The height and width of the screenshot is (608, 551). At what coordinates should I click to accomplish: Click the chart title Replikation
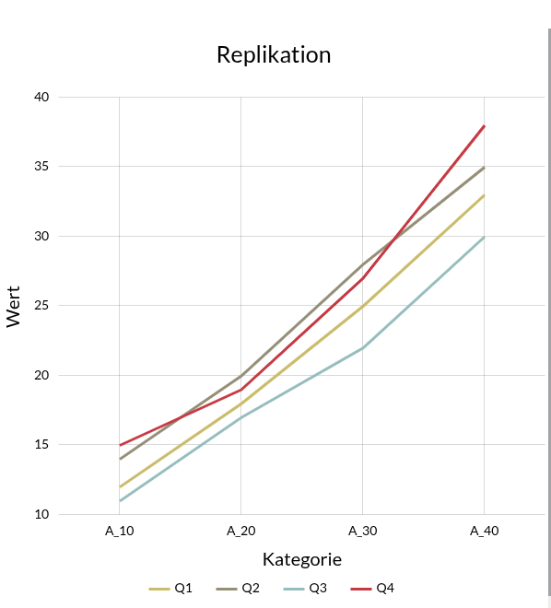point(274,54)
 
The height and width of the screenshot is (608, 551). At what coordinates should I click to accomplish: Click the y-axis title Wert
point(14,306)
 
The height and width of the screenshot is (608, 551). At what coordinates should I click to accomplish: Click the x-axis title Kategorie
point(302,559)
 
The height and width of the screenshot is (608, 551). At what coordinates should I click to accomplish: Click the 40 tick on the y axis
point(42,97)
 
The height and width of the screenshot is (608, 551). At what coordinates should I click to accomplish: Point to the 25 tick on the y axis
point(42,306)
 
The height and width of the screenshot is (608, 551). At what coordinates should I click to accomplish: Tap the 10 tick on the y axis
point(42,514)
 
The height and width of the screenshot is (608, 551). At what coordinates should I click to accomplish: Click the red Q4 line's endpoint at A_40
point(485,125)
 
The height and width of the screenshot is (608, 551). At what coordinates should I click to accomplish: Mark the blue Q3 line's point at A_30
point(363,347)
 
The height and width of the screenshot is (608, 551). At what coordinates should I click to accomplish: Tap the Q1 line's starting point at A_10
point(120,486)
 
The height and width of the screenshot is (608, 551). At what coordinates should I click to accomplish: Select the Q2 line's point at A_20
point(241,375)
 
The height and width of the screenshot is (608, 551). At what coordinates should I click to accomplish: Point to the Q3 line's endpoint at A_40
point(485,237)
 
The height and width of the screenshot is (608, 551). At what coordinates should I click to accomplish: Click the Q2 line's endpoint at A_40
point(485,167)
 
